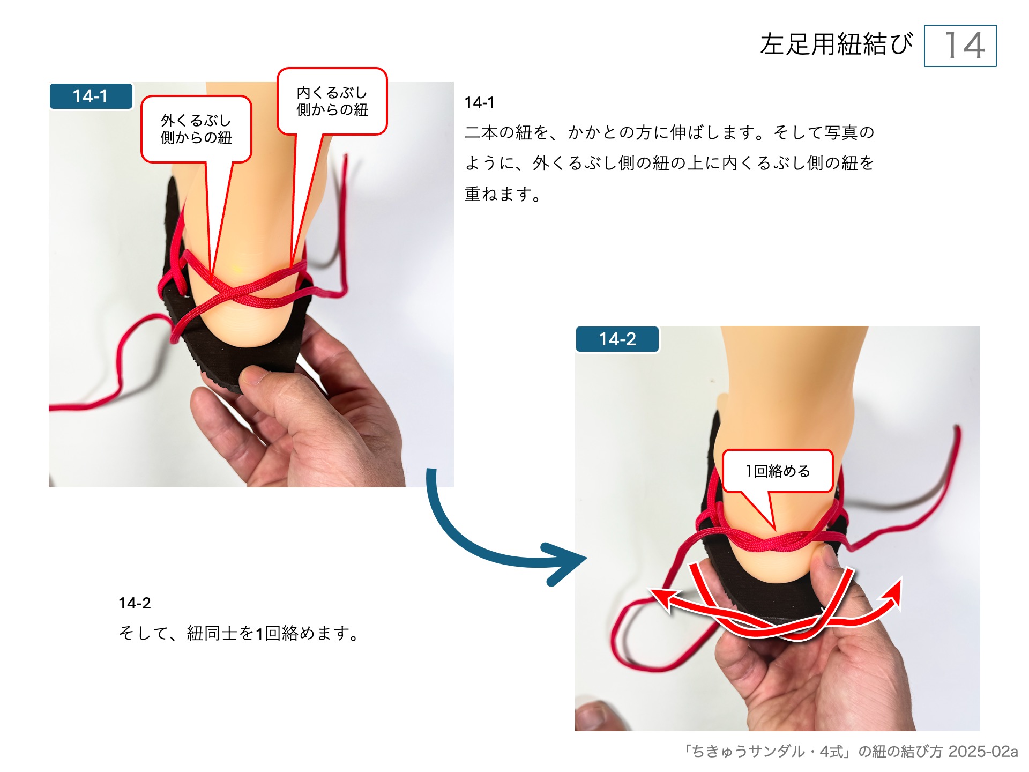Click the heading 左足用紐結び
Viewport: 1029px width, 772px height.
tap(836, 44)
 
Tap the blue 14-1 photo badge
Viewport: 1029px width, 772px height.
tap(91, 96)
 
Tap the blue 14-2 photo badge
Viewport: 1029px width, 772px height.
tap(617, 339)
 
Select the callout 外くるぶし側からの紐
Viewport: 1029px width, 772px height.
tap(196, 129)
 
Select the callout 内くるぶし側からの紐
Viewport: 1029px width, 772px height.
tap(332, 101)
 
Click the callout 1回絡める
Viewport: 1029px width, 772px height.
tap(778, 471)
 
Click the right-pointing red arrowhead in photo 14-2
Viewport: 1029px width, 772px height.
tap(895, 590)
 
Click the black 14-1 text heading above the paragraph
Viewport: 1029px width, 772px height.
tap(479, 102)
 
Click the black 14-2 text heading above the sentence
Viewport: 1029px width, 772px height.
tap(135, 603)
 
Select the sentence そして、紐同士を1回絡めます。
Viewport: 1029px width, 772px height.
tap(238, 634)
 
